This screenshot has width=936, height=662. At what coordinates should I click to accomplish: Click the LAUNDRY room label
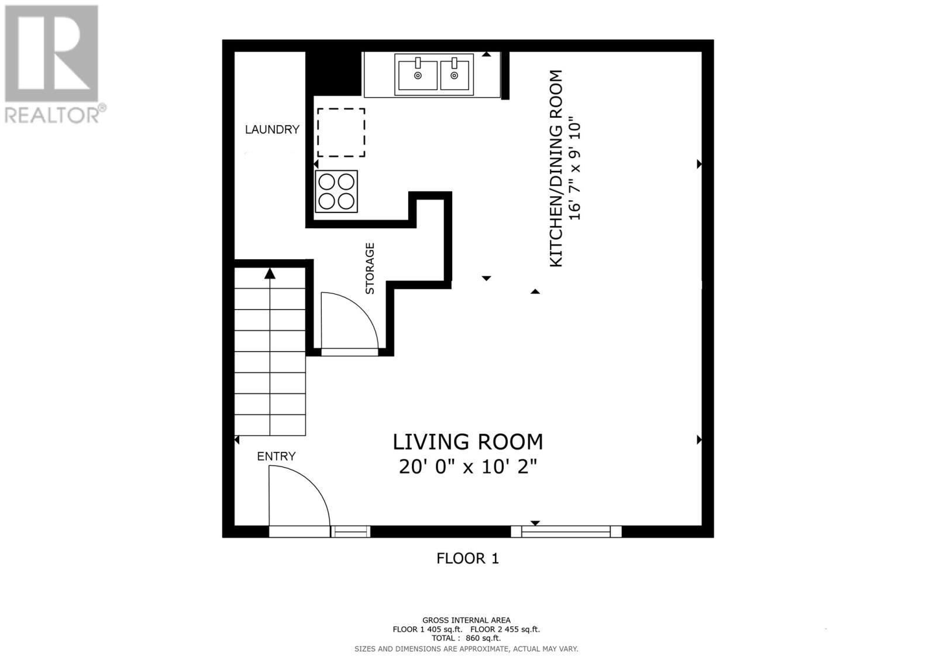[x=272, y=129]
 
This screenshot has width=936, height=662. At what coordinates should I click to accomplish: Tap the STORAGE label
[x=370, y=268]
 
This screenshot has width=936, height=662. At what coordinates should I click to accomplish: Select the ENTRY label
[x=276, y=456]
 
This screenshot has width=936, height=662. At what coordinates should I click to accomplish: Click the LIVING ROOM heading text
[x=467, y=441]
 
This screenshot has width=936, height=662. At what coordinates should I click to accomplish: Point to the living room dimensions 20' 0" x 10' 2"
[x=467, y=467]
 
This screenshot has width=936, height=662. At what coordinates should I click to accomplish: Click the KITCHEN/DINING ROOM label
[x=556, y=169]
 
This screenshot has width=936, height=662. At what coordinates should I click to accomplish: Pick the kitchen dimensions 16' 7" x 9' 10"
[x=576, y=169]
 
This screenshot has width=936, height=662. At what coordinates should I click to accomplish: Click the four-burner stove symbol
[x=336, y=191]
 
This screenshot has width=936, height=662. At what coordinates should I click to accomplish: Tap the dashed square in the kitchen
[x=341, y=132]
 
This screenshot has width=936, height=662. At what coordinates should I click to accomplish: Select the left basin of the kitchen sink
[x=417, y=74]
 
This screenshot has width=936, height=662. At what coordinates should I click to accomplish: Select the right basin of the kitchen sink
[x=455, y=74]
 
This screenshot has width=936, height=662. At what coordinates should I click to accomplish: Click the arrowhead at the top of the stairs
[x=270, y=273]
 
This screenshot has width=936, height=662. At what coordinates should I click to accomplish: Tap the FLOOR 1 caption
[x=467, y=558]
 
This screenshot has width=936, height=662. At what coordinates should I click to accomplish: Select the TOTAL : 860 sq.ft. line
[x=466, y=639]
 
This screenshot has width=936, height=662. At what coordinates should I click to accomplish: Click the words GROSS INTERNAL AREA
[x=466, y=620]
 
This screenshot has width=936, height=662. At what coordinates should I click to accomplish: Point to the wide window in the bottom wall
[x=566, y=531]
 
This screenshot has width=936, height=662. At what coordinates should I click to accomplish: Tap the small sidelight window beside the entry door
[x=350, y=531]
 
